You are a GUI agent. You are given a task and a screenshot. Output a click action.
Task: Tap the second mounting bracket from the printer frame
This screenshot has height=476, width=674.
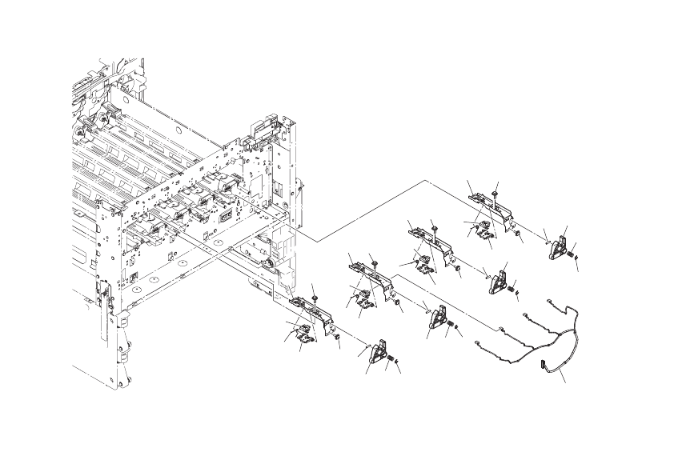click(371, 276)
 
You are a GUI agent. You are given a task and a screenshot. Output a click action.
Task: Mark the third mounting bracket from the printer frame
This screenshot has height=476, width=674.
click(428, 240)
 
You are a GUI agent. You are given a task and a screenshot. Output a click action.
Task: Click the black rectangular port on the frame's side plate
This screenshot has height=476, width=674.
click(226, 216)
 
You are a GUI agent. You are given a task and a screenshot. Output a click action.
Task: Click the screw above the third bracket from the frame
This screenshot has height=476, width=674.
click(434, 228)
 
